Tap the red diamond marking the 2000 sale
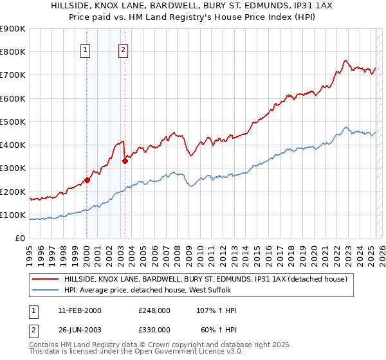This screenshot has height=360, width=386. click(87, 180)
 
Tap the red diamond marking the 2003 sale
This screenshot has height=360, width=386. click(125, 161)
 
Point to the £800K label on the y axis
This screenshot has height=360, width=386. click(13, 51)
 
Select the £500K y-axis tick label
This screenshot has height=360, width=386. click(13, 122)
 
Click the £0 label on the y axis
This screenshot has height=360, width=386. click(20, 238)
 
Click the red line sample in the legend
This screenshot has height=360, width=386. click(45, 279)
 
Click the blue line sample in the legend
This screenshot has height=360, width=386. click(45, 290)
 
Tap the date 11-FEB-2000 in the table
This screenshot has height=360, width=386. click(79, 310)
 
